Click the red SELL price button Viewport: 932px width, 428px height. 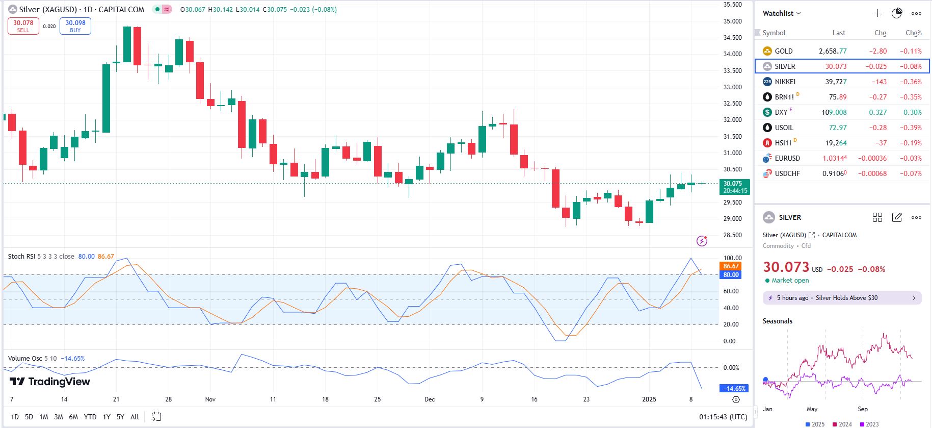click(x=23, y=26)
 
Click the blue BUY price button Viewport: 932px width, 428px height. click(x=75, y=26)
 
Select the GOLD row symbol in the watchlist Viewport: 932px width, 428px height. click(x=783, y=51)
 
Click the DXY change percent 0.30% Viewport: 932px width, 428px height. click(x=912, y=112)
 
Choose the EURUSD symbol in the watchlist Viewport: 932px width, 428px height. click(x=787, y=158)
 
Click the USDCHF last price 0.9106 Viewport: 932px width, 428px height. click(x=834, y=173)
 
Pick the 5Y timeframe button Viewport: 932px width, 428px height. click(x=120, y=417)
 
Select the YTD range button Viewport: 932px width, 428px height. click(x=90, y=417)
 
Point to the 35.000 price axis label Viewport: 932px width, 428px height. click(x=733, y=21)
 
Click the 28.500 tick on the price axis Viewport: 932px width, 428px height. click(x=733, y=235)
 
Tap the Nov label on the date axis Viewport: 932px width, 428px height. click(x=210, y=399)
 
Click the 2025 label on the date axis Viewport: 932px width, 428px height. click(x=649, y=399)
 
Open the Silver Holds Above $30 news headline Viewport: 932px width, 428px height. click(x=846, y=298)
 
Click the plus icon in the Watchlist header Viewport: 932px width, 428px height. click(x=877, y=13)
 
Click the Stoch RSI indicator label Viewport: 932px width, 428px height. click(x=22, y=257)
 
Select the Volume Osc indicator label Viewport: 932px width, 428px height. click(x=25, y=359)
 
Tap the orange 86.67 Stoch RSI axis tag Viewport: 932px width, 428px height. click(x=731, y=266)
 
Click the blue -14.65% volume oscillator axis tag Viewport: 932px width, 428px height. click(x=734, y=389)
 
